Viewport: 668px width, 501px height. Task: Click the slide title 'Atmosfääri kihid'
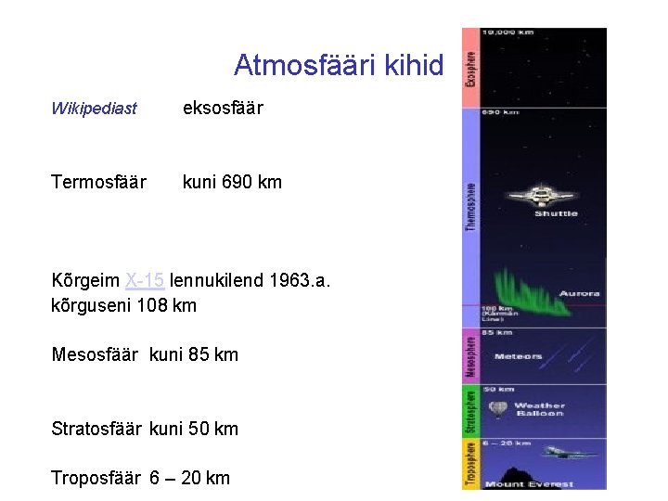pyautogui.click(x=339, y=66)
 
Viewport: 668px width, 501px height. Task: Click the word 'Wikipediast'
pyautogui.click(x=94, y=109)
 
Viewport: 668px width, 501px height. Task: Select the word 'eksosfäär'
pyautogui.click(x=223, y=109)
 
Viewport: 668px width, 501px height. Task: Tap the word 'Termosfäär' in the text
pyautogui.click(x=98, y=182)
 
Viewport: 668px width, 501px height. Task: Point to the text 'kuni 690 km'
pyautogui.click(x=232, y=182)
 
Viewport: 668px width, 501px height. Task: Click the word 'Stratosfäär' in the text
pyautogui.click(x=96, y=429)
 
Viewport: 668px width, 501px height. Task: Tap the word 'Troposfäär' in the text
pyautogui.click(x=96, y=478)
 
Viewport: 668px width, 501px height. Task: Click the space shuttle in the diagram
pyautogui.click(x=538, y=196)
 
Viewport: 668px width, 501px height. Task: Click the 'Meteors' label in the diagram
pyautogui.click(x=519, y=356)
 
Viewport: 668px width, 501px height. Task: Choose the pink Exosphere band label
pyautogui.click(x=470, y=68)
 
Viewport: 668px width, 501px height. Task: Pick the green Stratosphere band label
pyautogui.click(x=470, y=412)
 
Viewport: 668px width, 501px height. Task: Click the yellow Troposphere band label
pyautogui.click(x=470, y=463)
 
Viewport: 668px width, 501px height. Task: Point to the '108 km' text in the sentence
pyautogui.click(x=166, y=305)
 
